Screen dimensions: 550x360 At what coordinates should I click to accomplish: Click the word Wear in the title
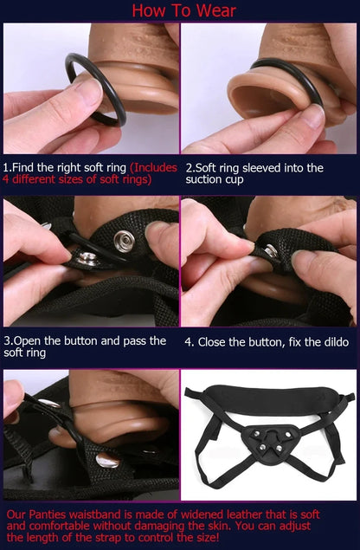[211, 10]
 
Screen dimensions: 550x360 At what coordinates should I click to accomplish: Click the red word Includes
[154, 167]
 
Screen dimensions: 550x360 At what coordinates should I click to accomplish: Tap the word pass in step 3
[125, 340]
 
